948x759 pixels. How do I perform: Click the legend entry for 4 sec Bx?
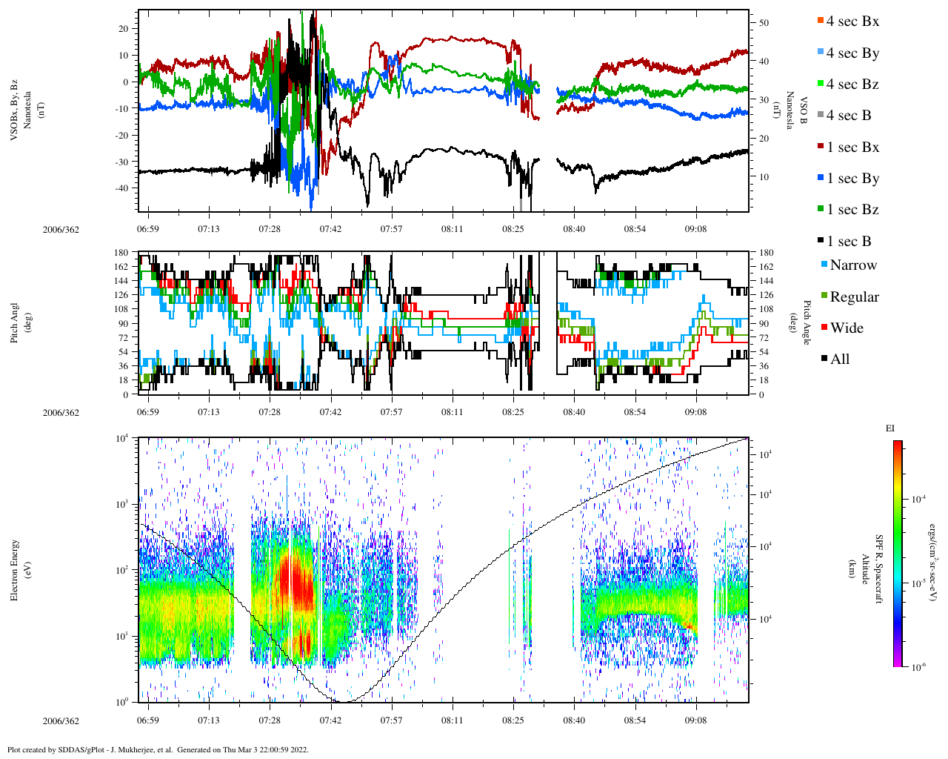[852, 21]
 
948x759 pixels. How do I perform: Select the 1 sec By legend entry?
[852, 179]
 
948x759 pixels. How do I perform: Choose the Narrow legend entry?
[852, 265]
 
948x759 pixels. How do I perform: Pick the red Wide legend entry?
[847, 328]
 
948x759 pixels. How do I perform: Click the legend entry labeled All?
[839, 359]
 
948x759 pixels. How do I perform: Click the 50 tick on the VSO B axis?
[764, 23]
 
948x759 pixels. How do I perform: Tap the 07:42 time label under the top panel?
[330, 229]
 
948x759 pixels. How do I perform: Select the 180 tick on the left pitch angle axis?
[121, 253]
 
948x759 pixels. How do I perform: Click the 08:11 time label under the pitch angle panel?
[452, 412]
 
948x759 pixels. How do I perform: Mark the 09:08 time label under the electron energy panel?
[695, 720]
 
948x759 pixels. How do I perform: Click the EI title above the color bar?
[890, 428]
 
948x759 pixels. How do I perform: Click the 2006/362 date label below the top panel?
[61, 229]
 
